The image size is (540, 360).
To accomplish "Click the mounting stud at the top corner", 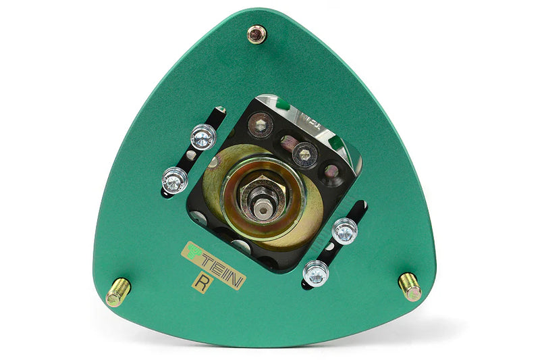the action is click(x=256, y=34).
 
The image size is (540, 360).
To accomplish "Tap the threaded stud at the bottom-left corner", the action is click(x=118, y=292).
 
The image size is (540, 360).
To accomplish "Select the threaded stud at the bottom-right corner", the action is click(x=410, y=287).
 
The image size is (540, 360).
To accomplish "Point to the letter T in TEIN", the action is click(x=207, y=263).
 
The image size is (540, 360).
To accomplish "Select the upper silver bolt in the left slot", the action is click(x=203, y=136).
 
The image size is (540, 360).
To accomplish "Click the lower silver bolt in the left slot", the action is click(x=175, y=180).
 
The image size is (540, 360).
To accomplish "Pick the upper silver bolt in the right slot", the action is click(x=344, y=231).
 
